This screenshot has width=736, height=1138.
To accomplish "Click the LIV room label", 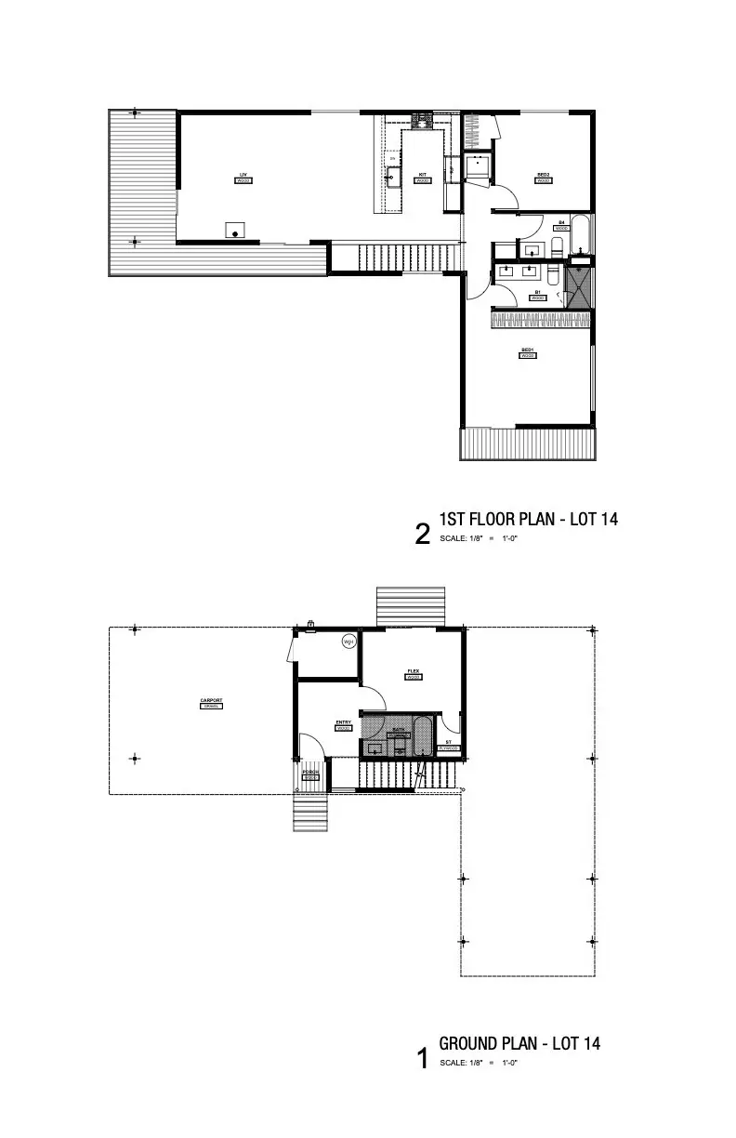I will tap(243, 175).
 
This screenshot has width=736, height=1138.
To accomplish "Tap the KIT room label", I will tap(422, 175).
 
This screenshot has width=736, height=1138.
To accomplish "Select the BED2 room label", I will tap(544, 175).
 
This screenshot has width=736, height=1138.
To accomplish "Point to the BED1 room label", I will tap(527, 351).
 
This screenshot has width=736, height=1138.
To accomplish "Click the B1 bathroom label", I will tap(537, 293).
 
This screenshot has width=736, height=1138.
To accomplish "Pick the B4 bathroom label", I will tap(561, 223).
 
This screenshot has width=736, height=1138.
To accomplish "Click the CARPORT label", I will tap(211, 701).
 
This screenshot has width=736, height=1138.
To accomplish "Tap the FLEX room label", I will tap(414, 672).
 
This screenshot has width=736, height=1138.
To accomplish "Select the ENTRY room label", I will tap(343, 722).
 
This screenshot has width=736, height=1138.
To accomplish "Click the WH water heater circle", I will tap(349, 642).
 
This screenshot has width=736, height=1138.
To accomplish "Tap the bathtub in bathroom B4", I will tap(582, 235).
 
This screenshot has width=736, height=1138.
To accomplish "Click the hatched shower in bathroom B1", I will tap(579, 287).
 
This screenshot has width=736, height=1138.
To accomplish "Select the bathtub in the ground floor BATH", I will tap(423, 737).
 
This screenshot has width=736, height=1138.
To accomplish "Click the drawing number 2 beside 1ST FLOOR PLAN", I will tap(423, 535).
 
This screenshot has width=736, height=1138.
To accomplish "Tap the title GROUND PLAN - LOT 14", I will tap(519, 1043).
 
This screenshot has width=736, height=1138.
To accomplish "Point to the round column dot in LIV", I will tap(236, 232).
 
